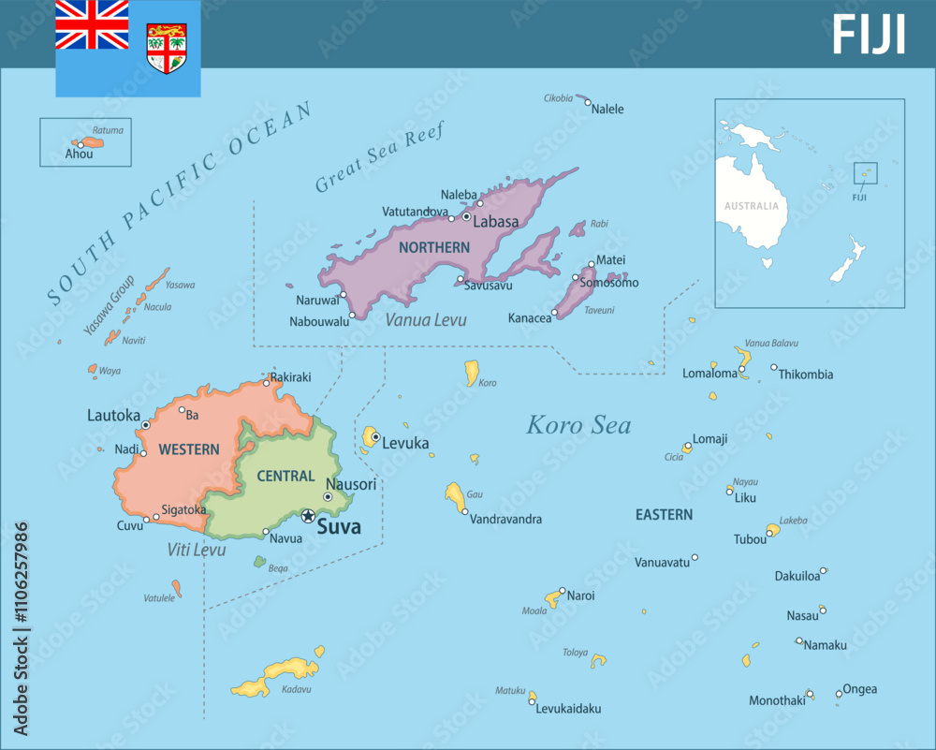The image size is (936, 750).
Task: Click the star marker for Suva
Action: tap(308, 516)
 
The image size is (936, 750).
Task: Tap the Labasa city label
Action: tap(495, 223)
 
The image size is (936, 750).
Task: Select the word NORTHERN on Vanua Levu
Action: tap(434, 247)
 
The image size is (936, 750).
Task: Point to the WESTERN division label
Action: tap(189, 449)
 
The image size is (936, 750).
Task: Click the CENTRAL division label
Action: tap(285, 476)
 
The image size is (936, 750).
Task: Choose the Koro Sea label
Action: tap(578, 425)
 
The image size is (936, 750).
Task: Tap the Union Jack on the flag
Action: tap(92, 25)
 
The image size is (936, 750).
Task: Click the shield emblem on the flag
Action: tap(167, 49)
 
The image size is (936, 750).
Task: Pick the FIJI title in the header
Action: tap(869, 36)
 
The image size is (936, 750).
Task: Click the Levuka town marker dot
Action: tap(374, 436)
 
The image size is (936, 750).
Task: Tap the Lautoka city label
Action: tap(113, 415)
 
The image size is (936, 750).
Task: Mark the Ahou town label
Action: tap(80, 154)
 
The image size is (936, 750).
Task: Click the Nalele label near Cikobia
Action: tap(608, 109)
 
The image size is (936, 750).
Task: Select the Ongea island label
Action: tap(860, 689)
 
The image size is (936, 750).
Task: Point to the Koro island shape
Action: tap(472, 373)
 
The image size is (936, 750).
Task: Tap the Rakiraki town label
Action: tap(290, 377)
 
